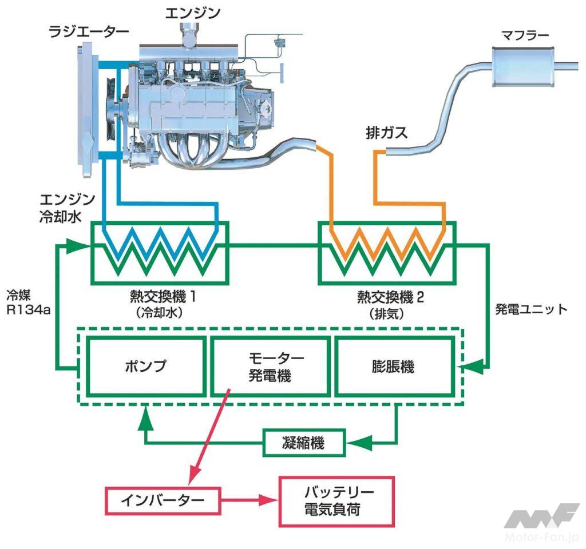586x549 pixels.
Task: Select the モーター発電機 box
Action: coord(269,366)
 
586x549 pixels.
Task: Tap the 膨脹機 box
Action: coord(393,366)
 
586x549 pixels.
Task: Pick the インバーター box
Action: coord(163,500)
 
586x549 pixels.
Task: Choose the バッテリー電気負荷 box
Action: coord(336,500)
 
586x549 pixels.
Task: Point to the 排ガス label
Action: coord(386,133)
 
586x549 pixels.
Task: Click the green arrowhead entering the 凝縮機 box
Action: coord(357,443)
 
